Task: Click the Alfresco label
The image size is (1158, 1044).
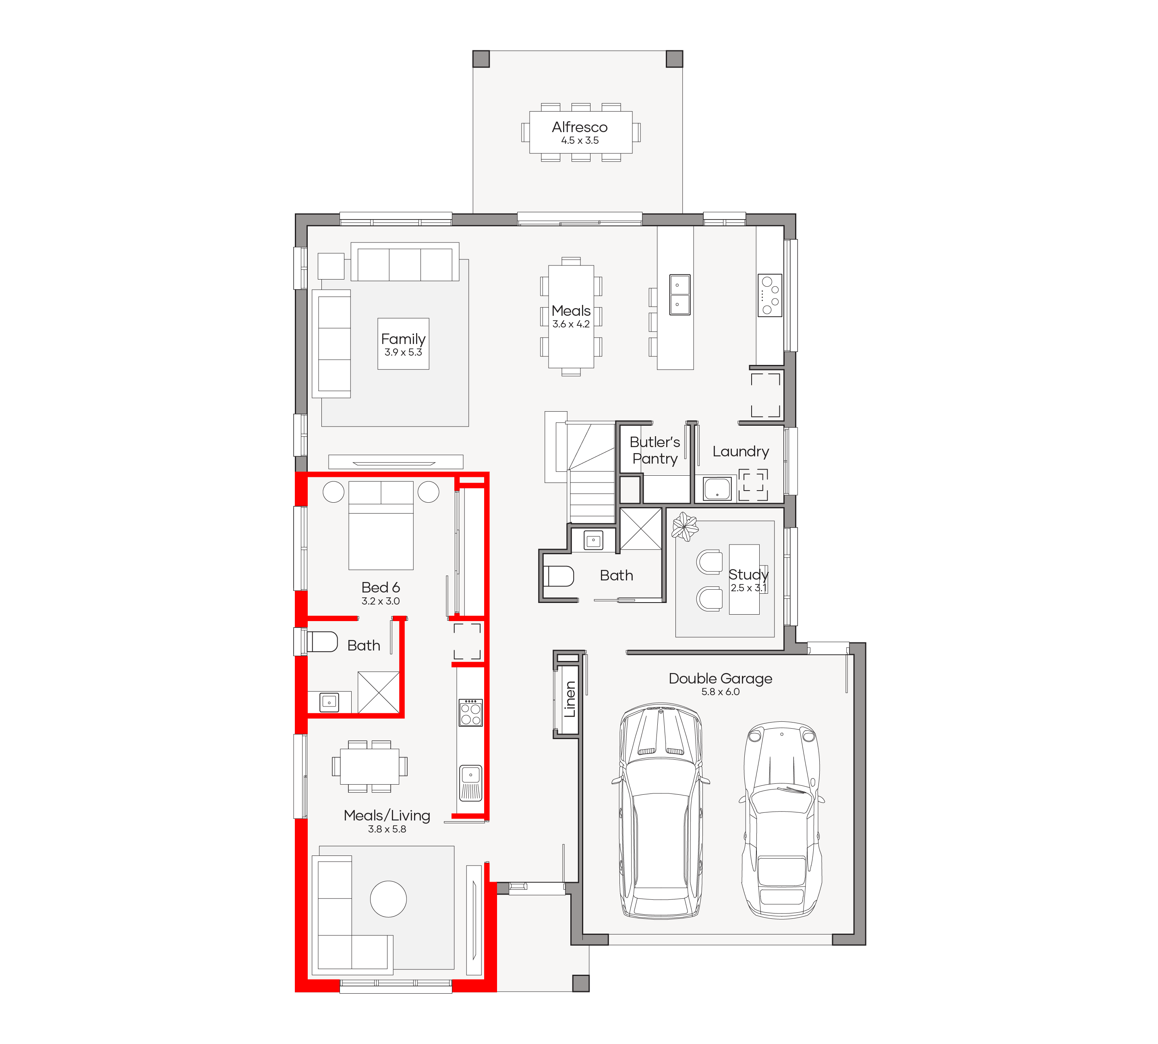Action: click(x=579, y=127)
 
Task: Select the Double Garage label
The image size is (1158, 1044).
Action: click(x=721, y=679)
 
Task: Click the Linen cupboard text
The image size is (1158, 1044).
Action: click(x=570, y=699)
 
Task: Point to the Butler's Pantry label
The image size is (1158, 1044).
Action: click(x=655, y=450)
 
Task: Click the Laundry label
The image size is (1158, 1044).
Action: click(x=740, y=452)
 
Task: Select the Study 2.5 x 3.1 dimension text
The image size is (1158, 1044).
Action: click(x=748, y=588)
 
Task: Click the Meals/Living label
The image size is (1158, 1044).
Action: click(x=387, y=815)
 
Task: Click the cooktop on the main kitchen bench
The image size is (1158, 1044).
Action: click(x=770, y=295)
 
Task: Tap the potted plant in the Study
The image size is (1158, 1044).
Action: click(x=685, y=526)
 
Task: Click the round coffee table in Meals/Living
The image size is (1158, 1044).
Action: click(x=388, y=899)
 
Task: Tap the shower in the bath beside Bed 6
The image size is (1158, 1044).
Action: click(x=379, y=692)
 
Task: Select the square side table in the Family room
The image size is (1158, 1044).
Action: click(x=331, y=266)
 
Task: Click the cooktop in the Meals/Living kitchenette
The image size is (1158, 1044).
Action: click(x=471, y=713)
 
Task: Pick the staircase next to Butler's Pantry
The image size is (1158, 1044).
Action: click(x=591, y=472)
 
